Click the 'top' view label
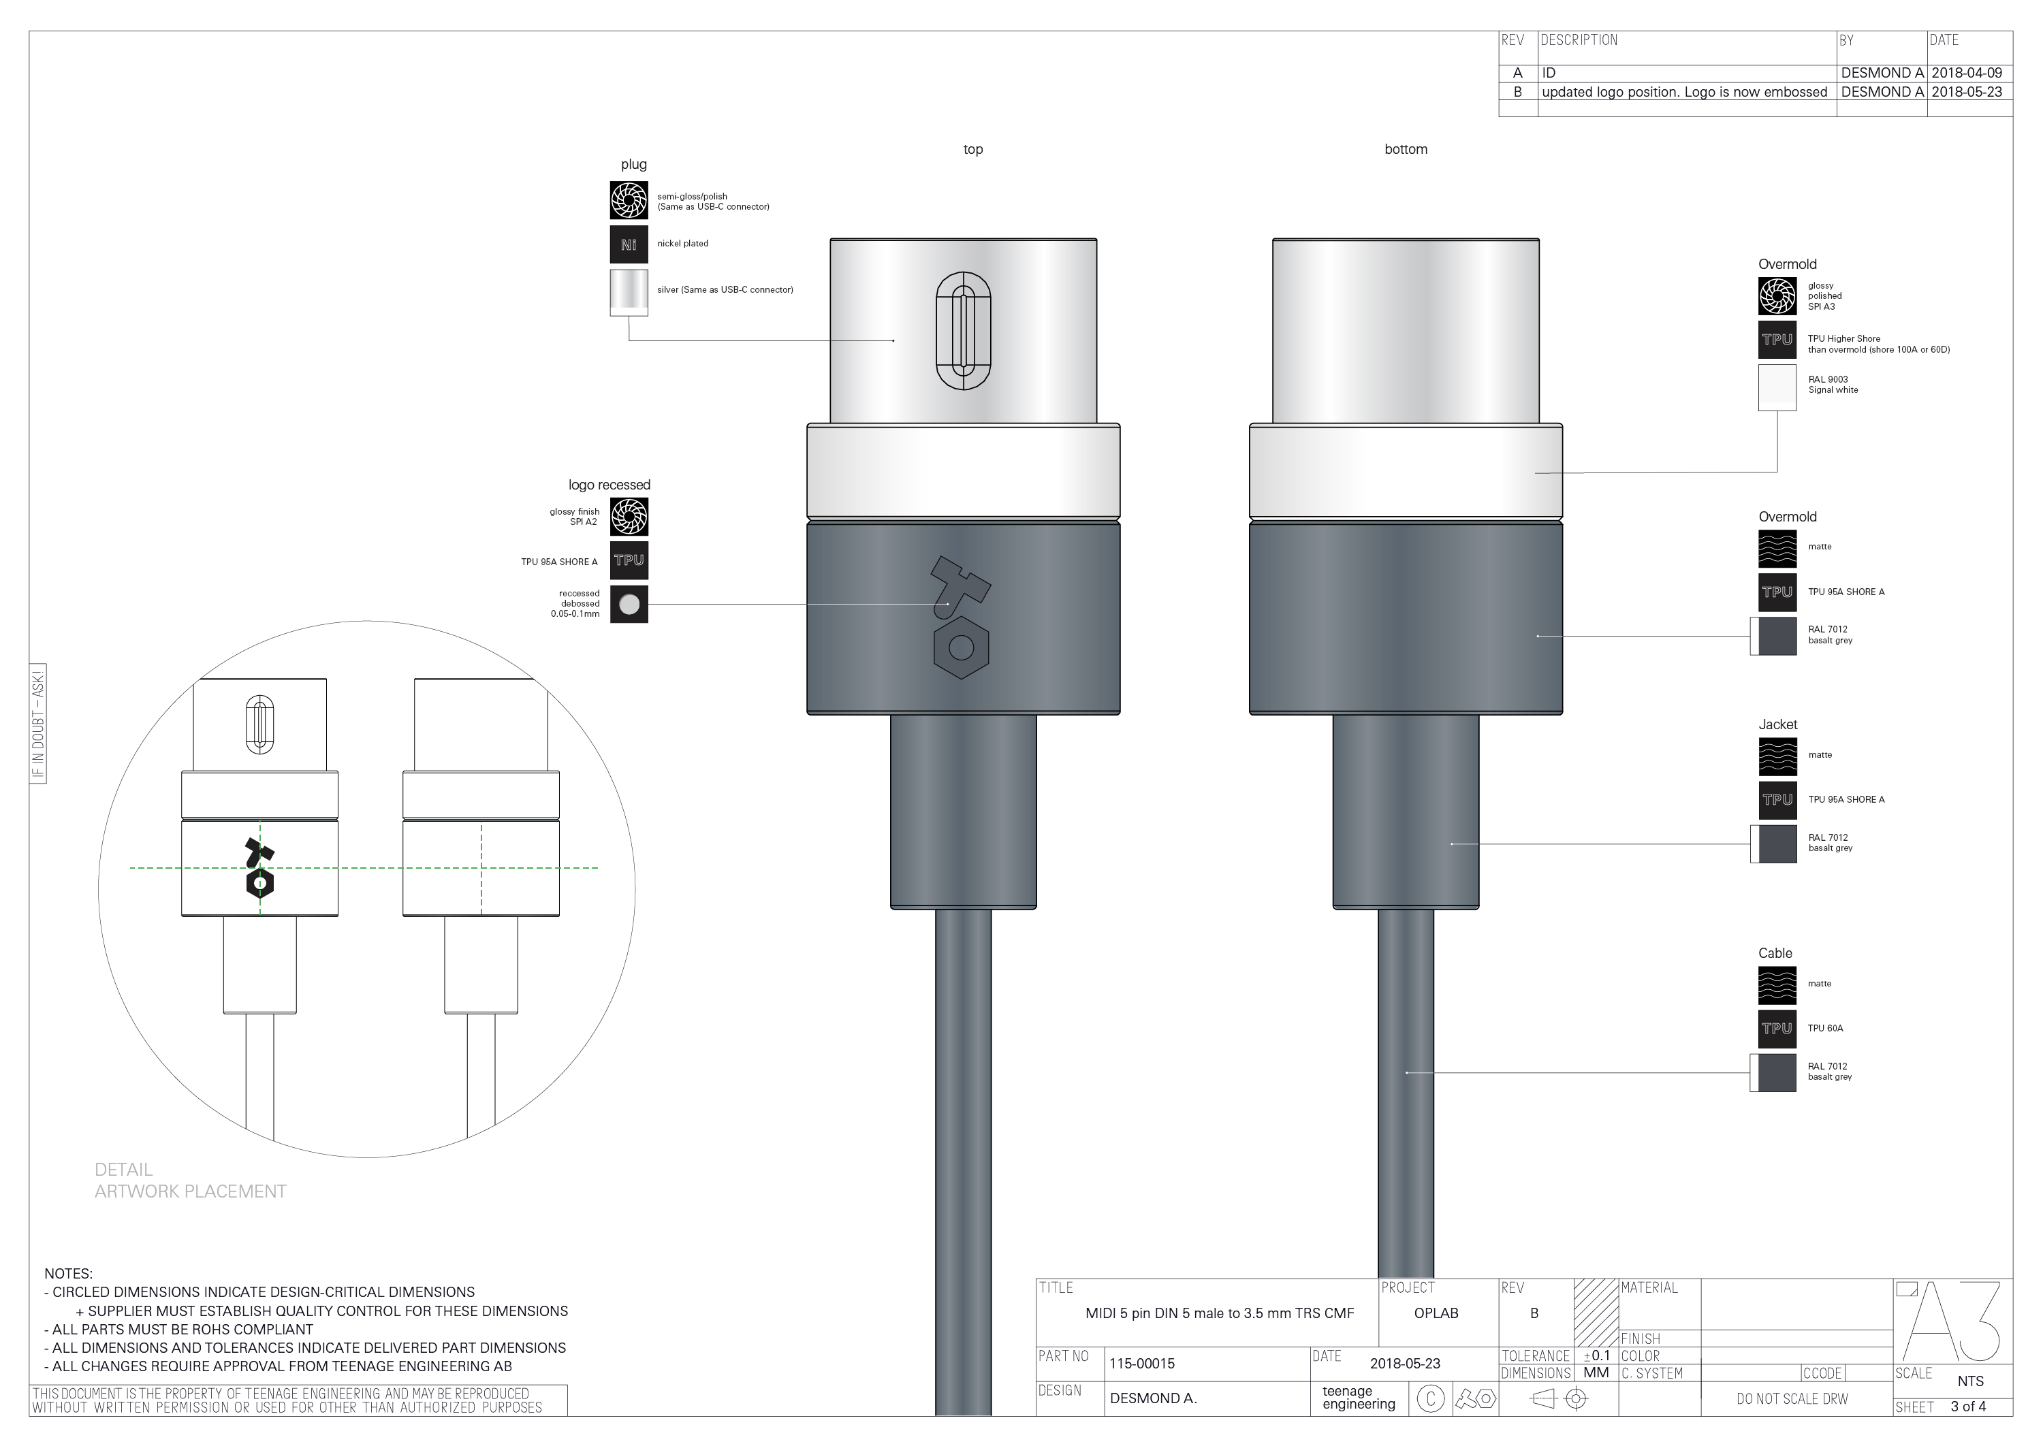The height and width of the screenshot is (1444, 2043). coord(972,150)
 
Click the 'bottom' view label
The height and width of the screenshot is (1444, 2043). coord(1405,150)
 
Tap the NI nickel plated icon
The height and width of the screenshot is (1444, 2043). coord(628,244)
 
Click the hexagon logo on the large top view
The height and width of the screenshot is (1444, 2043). coord(961,647)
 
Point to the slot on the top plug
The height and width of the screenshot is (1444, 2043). coord(963,331)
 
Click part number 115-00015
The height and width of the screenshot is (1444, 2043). coord(1141,1363)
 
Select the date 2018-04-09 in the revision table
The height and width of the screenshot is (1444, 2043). coord(1967,73)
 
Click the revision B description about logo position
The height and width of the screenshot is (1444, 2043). coord(1683,92)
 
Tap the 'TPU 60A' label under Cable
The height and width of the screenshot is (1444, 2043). coord(1825,1029)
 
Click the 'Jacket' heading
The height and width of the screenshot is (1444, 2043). coord(1777,725)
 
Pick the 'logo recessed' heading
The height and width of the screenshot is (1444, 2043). coord(609,485)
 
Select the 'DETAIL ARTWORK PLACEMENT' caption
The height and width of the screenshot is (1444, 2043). coord(189,1181)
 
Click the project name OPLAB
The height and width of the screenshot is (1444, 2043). coord(1436,1313)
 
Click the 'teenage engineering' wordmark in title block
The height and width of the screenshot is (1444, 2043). coord(1358,1398)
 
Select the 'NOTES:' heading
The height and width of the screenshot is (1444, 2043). coord(69,1274)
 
